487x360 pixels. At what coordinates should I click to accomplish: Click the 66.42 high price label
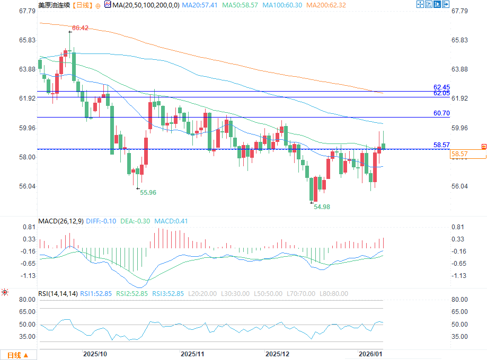pyautogui.click(x=79, y=28)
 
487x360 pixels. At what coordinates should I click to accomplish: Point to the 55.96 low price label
pyautogui.click(x=148, y=193)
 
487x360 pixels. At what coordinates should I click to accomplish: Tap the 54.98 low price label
pyautogui.click(x=322, y=207)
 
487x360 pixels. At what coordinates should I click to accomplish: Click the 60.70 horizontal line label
pyautogui.click(x=441, y=113)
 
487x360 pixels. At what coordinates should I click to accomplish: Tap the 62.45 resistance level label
pyautogui.click(x=441, y=87)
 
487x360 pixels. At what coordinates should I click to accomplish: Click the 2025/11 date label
pyautogui.click(x=192, y=353)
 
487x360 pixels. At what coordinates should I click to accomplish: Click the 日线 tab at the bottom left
pyautogui.click(x=17, y=354)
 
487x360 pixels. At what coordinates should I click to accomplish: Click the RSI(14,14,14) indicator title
pyautogui.click(x=58, y=293)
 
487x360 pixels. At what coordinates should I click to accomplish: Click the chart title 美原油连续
pyautogui.click(x=54, y=5)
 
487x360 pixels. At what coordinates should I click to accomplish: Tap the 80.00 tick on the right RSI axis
pyautogui.click(x=458, y=300)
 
